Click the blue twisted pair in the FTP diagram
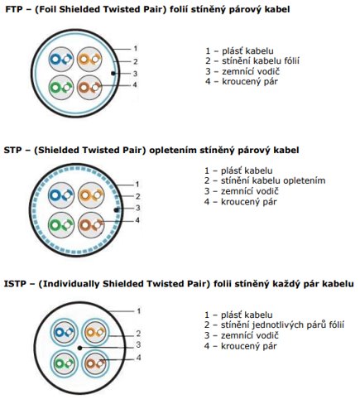tap(61, 60)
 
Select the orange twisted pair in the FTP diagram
tap(89, 60)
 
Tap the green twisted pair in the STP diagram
tap(61, 225)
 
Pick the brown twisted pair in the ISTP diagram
tap(95, 363)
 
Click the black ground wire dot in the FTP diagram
tap(113, 73)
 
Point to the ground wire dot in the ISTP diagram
tap(79, 348)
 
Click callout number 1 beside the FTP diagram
tap(136, 49)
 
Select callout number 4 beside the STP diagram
tap(137, 220)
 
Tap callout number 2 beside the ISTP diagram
tap(138, 334)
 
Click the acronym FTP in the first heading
tap(14, 10)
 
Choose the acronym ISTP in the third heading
tap(15, 284)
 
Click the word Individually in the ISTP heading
tap(71, 284)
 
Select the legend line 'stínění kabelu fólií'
tap(261, 61)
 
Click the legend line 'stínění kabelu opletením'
tap(273, 181)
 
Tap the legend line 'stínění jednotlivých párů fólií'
tap(282, 325)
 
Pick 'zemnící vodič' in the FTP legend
tap(251, 71)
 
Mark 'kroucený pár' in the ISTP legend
tap(249, 346)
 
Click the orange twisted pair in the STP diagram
tap(91, 195)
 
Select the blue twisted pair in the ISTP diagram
tap(64, 332)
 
